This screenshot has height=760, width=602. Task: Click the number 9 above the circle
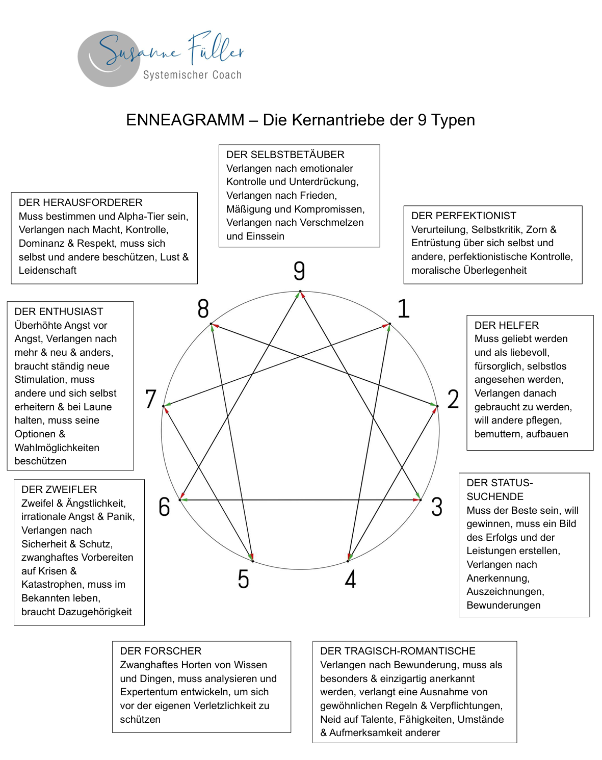coord(299,271)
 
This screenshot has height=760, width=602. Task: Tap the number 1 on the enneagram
coord(404,309)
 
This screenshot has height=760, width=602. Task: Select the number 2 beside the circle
coord(453,399)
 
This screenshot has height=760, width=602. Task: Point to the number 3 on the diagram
coord(437,507)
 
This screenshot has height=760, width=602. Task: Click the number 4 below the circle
coord(350,579)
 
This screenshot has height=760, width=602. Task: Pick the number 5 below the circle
coord(244,579)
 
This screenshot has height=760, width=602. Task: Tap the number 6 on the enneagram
coord(164,507)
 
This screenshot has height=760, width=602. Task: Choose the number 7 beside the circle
coord(150,399)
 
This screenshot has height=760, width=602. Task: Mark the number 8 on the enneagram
coord(203,309)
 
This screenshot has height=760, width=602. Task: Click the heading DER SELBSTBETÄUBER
coord(285,154)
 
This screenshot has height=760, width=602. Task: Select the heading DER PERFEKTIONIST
coord(463,216)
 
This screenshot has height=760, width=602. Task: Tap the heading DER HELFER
coord(506,325)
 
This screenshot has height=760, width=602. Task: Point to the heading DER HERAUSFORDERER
coord(81,202)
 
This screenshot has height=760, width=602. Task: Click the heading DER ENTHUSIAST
coord(59,311)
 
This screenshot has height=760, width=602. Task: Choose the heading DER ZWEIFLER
coord(59,489)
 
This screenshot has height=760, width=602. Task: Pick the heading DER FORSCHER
coord(161,651)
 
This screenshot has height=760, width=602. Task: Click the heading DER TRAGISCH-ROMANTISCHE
coord(398,651)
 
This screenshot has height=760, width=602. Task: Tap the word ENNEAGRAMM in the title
coord(186,120)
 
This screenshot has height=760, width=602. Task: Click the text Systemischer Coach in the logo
coord(192,75)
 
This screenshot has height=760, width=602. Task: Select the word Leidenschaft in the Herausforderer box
coord(47,270)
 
